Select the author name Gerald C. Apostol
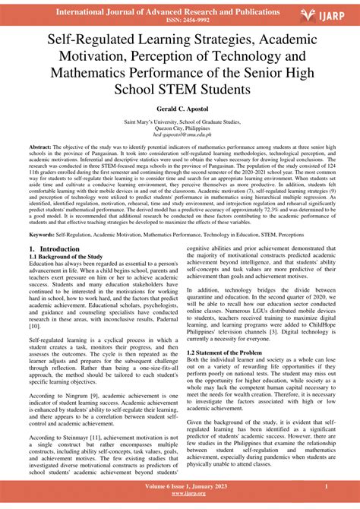(180, 111)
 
